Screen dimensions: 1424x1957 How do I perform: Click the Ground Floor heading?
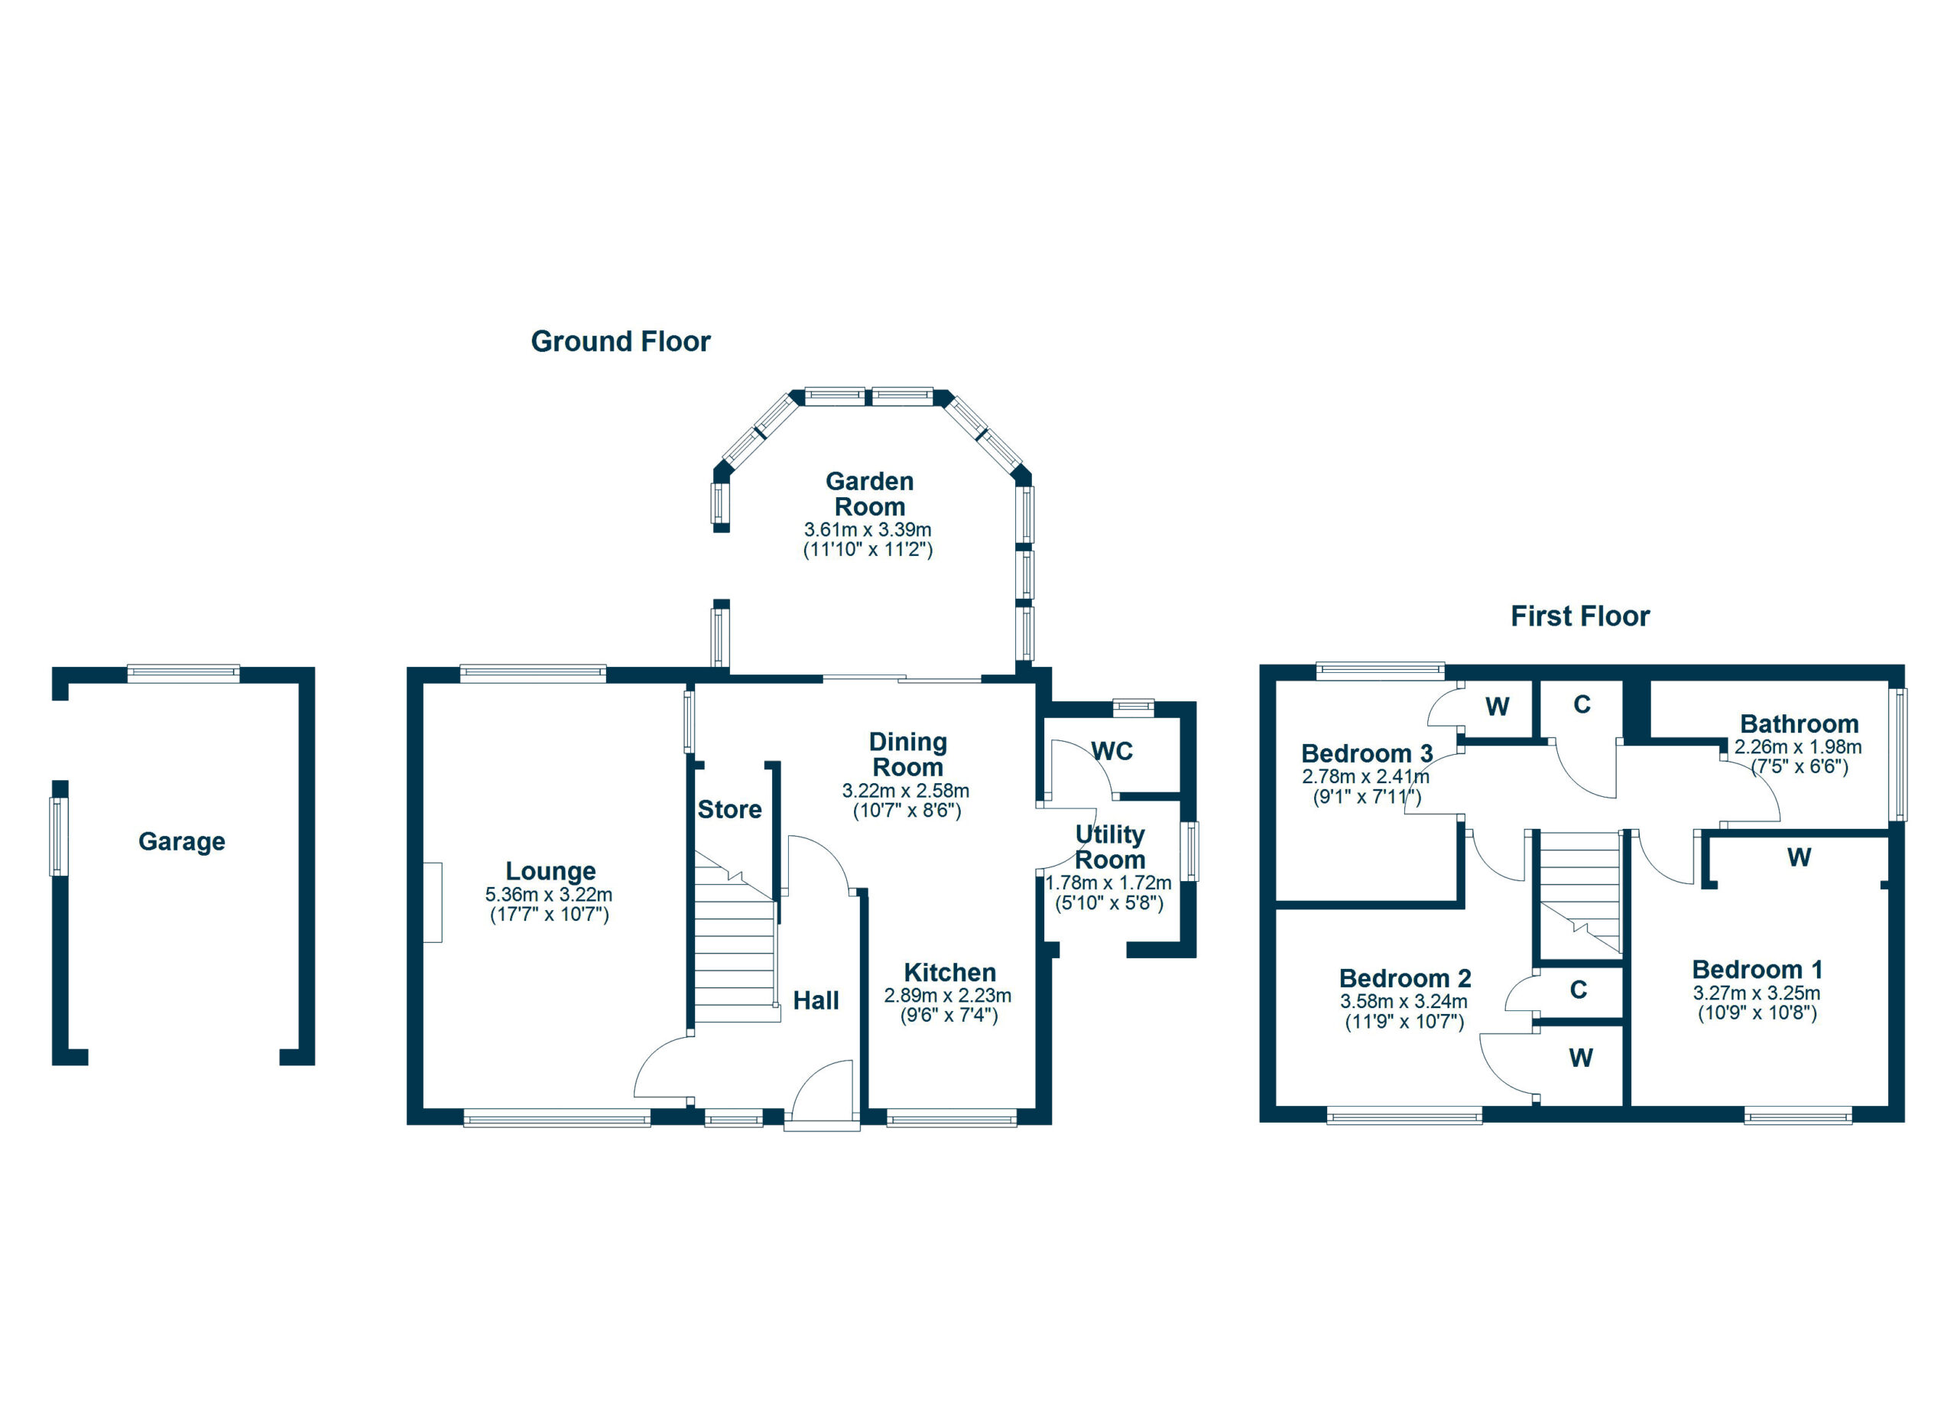621,342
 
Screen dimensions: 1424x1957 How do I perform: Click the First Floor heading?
1580,616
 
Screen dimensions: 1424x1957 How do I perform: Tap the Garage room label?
182,841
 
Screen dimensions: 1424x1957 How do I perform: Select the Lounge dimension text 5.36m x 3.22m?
549,895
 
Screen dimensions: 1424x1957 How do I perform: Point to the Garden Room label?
869,493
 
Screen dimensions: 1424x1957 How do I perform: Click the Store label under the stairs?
729,810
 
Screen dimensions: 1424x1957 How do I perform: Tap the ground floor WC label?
1112,752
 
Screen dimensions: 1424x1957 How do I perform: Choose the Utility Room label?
1110,847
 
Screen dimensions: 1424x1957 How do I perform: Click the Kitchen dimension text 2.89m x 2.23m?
947,996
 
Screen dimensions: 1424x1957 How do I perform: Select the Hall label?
816,1000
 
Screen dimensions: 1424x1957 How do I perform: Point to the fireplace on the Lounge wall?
433,902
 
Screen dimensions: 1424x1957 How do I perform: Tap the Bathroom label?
1799,724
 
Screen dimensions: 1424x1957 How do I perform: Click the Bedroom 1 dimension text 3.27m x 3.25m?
1757,993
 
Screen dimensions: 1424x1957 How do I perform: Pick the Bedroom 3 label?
1367,753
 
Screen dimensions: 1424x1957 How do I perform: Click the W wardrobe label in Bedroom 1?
1799,858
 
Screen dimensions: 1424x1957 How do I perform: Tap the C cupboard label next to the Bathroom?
1582,705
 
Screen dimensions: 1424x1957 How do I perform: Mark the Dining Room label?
907,754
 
